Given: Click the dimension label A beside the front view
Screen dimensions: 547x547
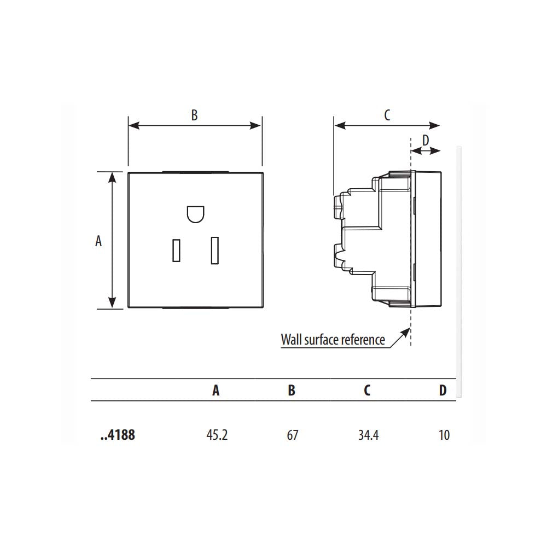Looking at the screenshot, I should [x=98, y=241].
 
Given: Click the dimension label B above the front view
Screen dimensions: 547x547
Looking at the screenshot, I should [x=194, y=115].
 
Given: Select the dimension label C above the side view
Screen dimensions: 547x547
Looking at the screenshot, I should [x=387, y=115].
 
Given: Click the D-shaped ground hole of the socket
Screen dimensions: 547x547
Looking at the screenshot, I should [x=195, y=214].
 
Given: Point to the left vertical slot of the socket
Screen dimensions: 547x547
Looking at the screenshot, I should [x=176, y=250].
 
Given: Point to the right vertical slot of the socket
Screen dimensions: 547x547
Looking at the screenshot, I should [x=215, y=249].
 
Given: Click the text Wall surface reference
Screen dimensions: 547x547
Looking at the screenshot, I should [x=333, y=340].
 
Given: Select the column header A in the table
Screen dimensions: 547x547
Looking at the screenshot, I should [x=216, y=390].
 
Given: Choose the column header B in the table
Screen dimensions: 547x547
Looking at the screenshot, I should [x=292, y=390].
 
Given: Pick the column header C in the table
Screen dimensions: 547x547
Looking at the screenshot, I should [x=367, y=390].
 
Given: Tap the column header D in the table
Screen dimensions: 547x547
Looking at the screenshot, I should [x=443, y=390].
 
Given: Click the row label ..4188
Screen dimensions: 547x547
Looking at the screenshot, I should [x=118, y=435].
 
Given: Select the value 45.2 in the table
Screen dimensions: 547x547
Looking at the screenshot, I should [x=217, y=435].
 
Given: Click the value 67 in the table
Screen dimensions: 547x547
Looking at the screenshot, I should [x=292, y=435].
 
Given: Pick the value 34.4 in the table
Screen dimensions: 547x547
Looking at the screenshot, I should [x=368, y=435].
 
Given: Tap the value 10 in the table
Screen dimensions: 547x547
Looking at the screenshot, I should [x=444, y=435].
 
